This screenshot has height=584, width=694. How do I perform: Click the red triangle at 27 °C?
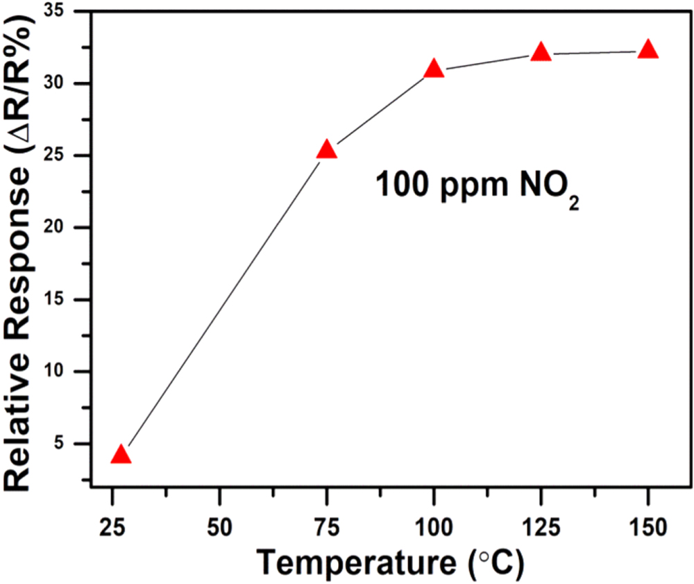pos(121,455)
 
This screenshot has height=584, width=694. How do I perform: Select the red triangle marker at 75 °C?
pos(326,150)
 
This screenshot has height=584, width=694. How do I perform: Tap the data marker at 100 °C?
pos(434,69)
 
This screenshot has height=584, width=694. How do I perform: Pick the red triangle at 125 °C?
pos(541,52)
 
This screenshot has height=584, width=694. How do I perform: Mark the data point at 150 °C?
pos(648,49)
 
